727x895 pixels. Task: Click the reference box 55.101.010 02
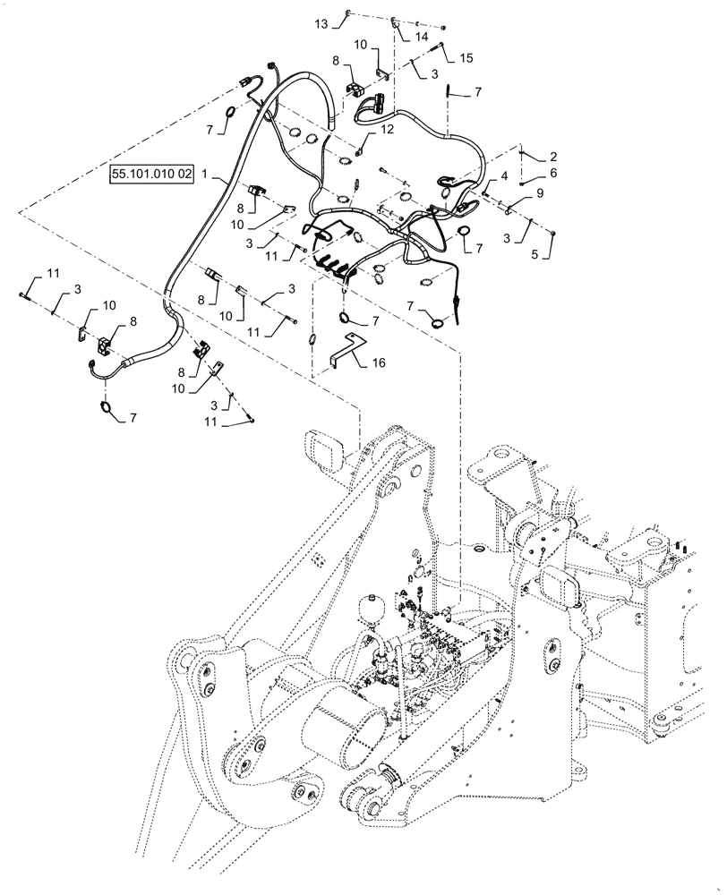pos(151,174)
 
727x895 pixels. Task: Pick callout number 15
pos(466,57)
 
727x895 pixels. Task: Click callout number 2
pos(552,156)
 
